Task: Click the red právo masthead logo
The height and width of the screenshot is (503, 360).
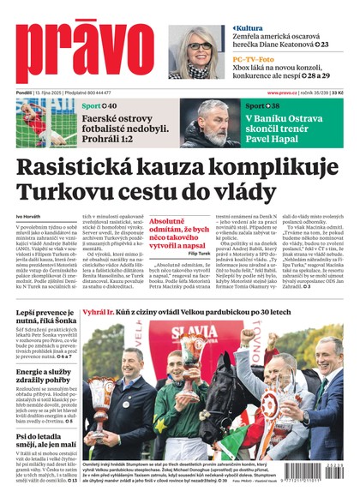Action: tap(86, 52)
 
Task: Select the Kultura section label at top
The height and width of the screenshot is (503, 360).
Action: tap(249, 28)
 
